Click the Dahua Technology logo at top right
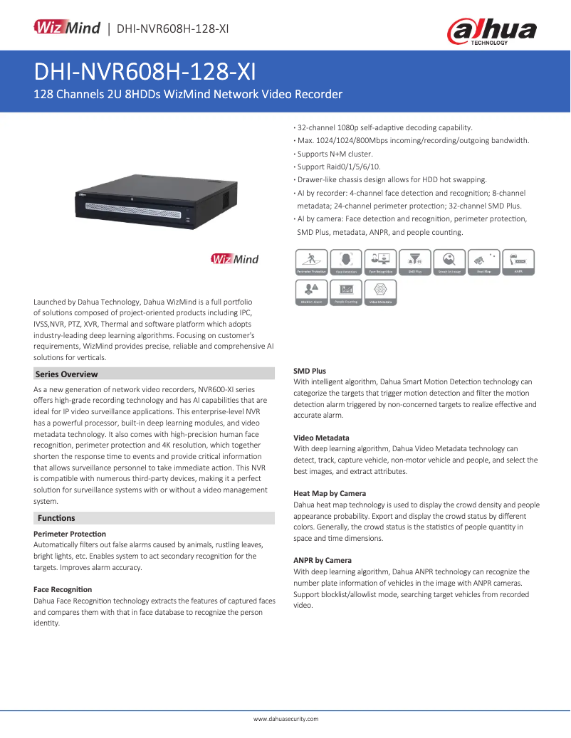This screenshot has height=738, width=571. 491,31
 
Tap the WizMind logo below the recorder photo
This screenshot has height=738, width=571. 235,259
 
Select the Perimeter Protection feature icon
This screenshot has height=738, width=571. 311,262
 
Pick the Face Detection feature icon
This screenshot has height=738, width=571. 346,262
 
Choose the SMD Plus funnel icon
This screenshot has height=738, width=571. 415,262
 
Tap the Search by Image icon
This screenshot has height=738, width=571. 449,262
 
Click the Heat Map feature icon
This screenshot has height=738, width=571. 484,262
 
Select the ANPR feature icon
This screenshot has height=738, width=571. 519,262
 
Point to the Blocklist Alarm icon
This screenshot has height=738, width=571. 311,292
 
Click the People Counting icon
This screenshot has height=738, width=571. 346,292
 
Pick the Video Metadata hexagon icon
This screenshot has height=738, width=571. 380,292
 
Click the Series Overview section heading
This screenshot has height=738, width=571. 66,374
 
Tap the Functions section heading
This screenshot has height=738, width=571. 56,518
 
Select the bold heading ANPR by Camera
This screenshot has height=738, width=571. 323,560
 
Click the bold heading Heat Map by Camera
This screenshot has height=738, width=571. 330,493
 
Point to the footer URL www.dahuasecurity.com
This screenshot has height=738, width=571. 285,719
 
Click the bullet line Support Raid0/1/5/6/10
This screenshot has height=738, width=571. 339,167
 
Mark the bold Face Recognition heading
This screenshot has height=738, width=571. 63,589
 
